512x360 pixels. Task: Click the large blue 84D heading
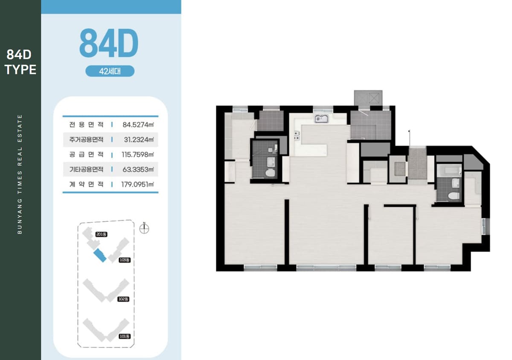point(109,43)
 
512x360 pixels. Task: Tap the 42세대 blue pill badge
point(110,71)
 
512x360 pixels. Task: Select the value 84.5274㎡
point(138,125)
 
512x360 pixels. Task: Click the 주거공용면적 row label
point(86,140)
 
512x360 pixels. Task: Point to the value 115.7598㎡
point(137,155)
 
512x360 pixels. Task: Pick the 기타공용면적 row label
point(86,170)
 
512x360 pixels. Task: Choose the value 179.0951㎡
point(137,184)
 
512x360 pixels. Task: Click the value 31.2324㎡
point(139,140)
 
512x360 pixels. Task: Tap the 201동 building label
point(102,234)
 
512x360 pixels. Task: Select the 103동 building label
point(125,260)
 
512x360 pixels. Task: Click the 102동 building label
point(123,299)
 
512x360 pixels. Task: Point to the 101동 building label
point(125,336)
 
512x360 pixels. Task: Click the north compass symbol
point(144,228)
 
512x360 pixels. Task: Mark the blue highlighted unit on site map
point(100,255)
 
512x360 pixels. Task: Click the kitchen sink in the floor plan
point(321,118)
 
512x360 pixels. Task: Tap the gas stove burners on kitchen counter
point(297,135)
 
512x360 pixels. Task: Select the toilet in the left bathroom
point(270,173)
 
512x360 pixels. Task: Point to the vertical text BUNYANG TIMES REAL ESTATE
point(20,174)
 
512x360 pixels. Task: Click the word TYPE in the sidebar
point(20,70)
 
